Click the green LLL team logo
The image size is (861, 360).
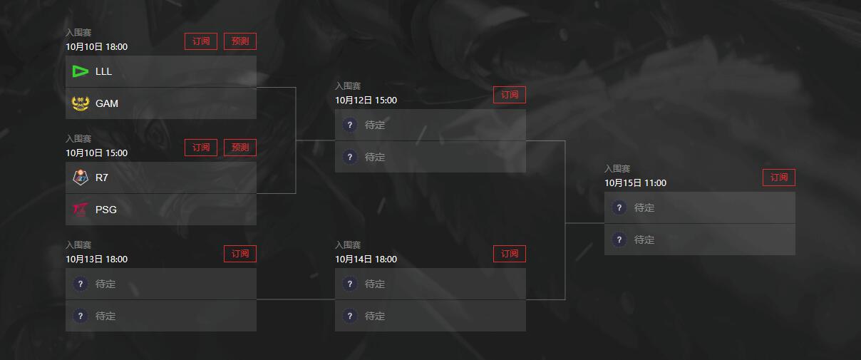[81, 71]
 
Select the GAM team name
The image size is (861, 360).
[107, 103]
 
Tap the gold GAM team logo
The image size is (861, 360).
[81, 103]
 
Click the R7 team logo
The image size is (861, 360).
[81, 178]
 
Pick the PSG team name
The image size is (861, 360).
[106, 210]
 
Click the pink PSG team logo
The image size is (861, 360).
[81, 210]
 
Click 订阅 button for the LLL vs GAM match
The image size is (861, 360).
[201, 41]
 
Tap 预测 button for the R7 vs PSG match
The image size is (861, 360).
[240, 148]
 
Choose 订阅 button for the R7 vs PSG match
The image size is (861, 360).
[201, 148]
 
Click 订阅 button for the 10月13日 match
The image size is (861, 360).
[240, 254]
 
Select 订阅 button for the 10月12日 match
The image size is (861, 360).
[510, 95]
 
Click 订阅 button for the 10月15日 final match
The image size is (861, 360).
[779, 178]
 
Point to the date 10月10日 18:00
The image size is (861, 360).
[97, 47]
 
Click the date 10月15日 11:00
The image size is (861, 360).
[635, 183]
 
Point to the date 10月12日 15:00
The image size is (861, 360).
[366, 101]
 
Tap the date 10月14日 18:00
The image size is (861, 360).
[366, 259]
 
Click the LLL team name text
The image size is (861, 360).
[104, 71]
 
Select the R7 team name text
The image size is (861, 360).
[102, 178]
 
